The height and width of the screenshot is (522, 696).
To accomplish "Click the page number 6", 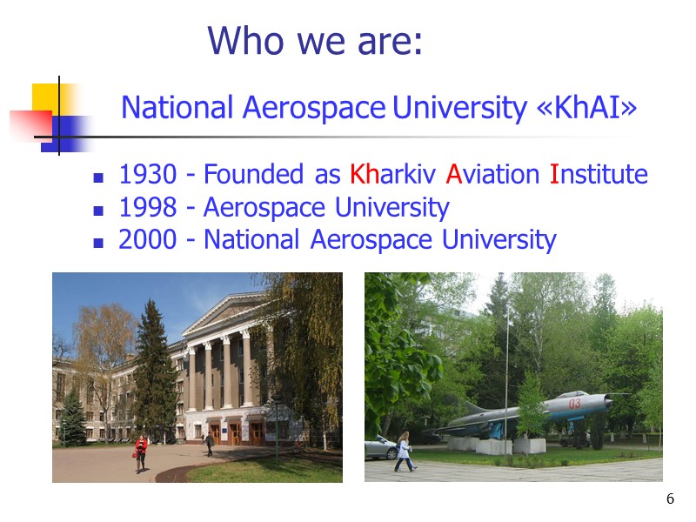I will (670, 499).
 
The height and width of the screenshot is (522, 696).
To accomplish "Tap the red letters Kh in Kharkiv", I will (364, 175).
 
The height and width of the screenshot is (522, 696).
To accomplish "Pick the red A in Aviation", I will (453, 175).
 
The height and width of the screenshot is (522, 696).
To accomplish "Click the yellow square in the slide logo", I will (48, 98).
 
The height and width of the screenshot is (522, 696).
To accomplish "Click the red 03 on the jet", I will (574, 404).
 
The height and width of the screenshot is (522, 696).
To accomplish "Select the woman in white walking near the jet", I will (404, 452).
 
